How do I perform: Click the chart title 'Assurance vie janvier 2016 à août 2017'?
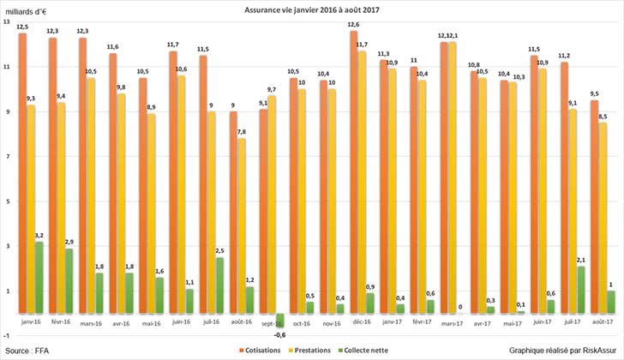(312, 10)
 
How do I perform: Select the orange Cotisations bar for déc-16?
(354, 171)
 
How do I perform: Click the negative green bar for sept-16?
(279, 320)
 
